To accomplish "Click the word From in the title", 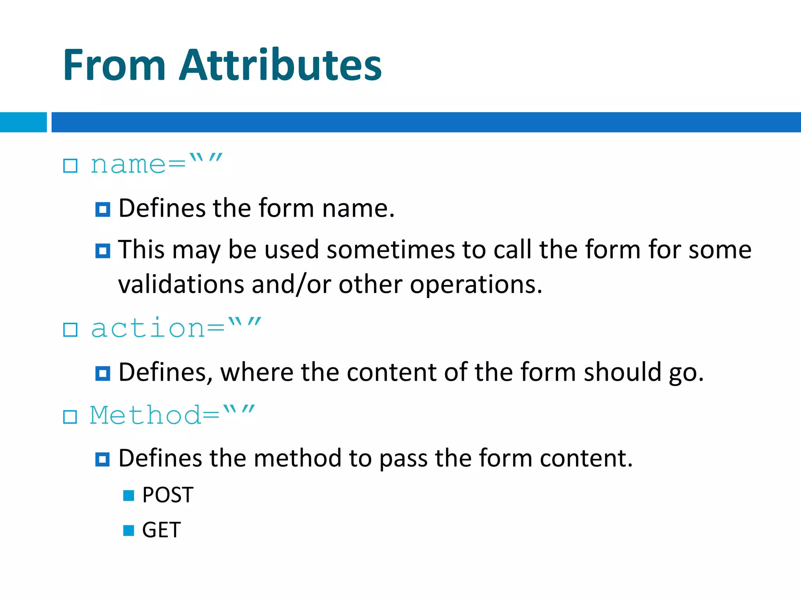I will coord(114,65).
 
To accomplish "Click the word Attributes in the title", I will coord(280,65).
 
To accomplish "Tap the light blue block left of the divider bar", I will coord(23,122).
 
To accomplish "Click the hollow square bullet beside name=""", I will coord(70,166).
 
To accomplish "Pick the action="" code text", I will coord(176,328).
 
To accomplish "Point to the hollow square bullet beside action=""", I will coord(70,330).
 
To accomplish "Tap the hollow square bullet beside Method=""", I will coord(70,417).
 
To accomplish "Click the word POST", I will coord(168,495).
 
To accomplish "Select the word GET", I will coord(161,530).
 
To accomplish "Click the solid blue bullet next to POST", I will coord(129,496).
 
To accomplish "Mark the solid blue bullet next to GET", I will coord(129,531).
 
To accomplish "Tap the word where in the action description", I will coord(257,372).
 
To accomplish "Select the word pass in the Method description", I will coord(403,459).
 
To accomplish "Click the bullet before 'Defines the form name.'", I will coord(102,210).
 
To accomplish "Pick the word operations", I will coord(476,285).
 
